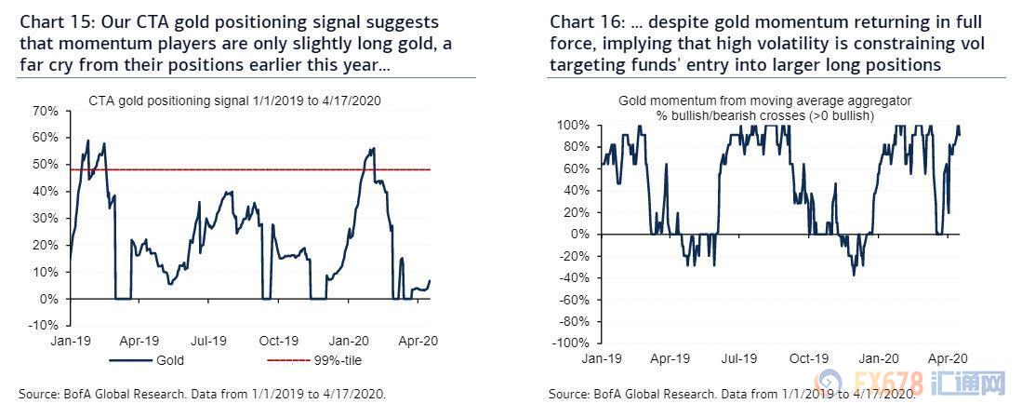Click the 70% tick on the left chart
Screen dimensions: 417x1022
click(44, 111)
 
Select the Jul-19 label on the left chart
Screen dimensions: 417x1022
click(213, 341)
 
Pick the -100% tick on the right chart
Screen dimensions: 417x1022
click(572, 343)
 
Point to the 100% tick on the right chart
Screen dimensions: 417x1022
click(574, 125)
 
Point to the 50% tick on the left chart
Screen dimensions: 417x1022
click(44, 165)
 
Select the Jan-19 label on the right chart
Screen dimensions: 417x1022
click(601, 357)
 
